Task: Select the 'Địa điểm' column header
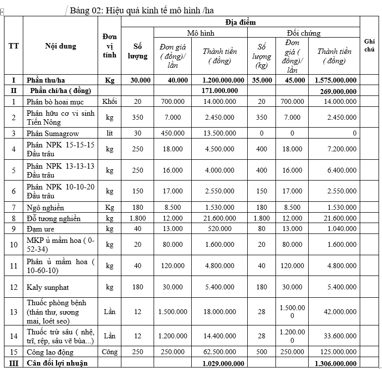click(240, 22)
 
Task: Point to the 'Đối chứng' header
click(304, 33)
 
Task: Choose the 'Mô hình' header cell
click(200, 33)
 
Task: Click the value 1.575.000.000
click(335, 80)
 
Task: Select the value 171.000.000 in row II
click(220, 91)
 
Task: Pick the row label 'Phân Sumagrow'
click(53, 133)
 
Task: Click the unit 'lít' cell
click(109, 133)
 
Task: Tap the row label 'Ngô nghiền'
click(45, 208)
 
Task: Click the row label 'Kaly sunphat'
click(49, 287)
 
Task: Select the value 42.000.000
click(336, 312)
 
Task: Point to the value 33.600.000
click(336, 336)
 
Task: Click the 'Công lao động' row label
click(50, 352)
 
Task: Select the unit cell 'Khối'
click(109, 101)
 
